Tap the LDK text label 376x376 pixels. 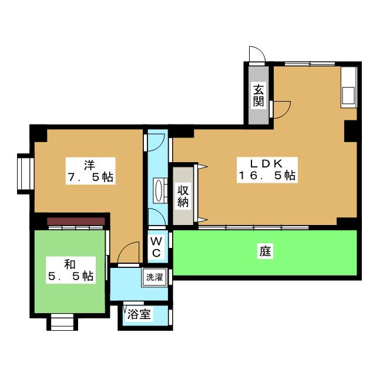(268, 163)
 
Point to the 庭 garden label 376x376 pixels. (265, 252)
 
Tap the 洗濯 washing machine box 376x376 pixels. (155, 277)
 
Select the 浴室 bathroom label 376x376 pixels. (140, 314)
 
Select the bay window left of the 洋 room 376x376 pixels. (24, 173)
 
